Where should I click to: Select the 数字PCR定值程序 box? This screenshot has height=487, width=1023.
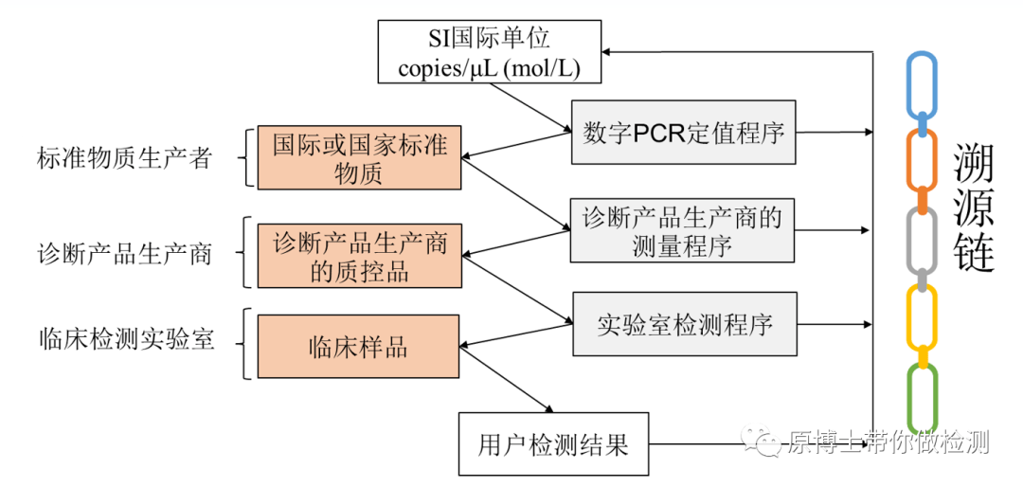683,133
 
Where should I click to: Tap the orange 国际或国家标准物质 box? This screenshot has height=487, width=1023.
359,158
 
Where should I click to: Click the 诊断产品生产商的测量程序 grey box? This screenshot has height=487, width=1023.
682,231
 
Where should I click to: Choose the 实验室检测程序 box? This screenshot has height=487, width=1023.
684,325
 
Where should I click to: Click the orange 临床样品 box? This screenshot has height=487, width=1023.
358,347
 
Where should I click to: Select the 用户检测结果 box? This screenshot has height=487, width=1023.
553,443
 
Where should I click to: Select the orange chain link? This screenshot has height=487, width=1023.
922,162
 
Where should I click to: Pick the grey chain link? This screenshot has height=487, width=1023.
922,241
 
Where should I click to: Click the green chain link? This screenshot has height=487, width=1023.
922,398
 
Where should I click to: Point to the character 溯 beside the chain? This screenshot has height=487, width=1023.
974,164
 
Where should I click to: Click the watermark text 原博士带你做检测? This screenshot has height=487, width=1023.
886,442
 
